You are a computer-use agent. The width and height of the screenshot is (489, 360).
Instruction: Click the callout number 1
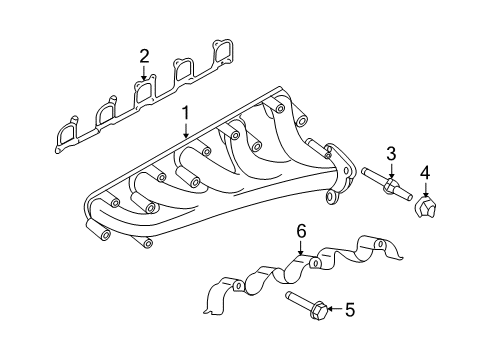pos(185,114)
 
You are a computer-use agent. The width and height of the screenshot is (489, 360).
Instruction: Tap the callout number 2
pos(145,55)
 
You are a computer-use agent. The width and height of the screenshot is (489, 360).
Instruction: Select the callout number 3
pos(392,153)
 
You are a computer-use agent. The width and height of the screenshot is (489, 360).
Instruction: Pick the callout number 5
pos(349,310)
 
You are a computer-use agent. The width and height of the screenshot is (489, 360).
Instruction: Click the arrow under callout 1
pos(185,130)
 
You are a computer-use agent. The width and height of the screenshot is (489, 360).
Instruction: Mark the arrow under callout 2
pos(145,71)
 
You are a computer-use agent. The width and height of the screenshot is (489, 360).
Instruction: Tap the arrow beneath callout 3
pos(392,170)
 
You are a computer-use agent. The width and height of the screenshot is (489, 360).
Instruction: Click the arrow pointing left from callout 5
pos(333,310)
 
